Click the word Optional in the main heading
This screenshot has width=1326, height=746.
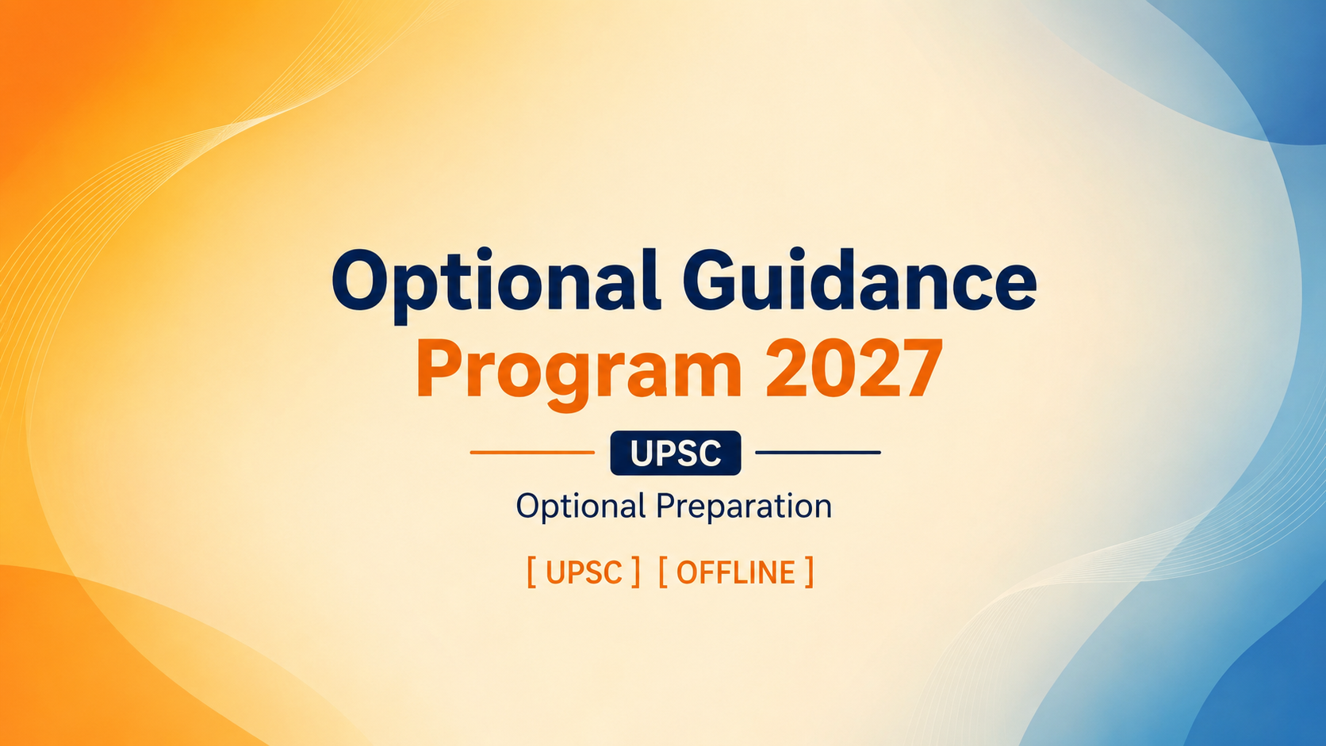(496, 284)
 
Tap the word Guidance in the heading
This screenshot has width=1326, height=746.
(860, 278)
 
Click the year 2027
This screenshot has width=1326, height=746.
(854, 367)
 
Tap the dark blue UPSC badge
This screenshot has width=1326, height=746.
(676, 453)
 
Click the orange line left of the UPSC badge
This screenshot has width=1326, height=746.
(532, 453)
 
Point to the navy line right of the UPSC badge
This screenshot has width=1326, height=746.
(818, 453)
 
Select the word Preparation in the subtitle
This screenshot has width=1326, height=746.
(744, 507)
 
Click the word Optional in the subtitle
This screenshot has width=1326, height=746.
(581, 507)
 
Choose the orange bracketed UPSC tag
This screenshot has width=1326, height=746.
(584, 572)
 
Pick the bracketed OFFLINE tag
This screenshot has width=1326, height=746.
(736, 572)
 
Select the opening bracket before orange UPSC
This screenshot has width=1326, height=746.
(531, 572)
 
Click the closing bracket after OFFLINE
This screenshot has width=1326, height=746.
(809, 572)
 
